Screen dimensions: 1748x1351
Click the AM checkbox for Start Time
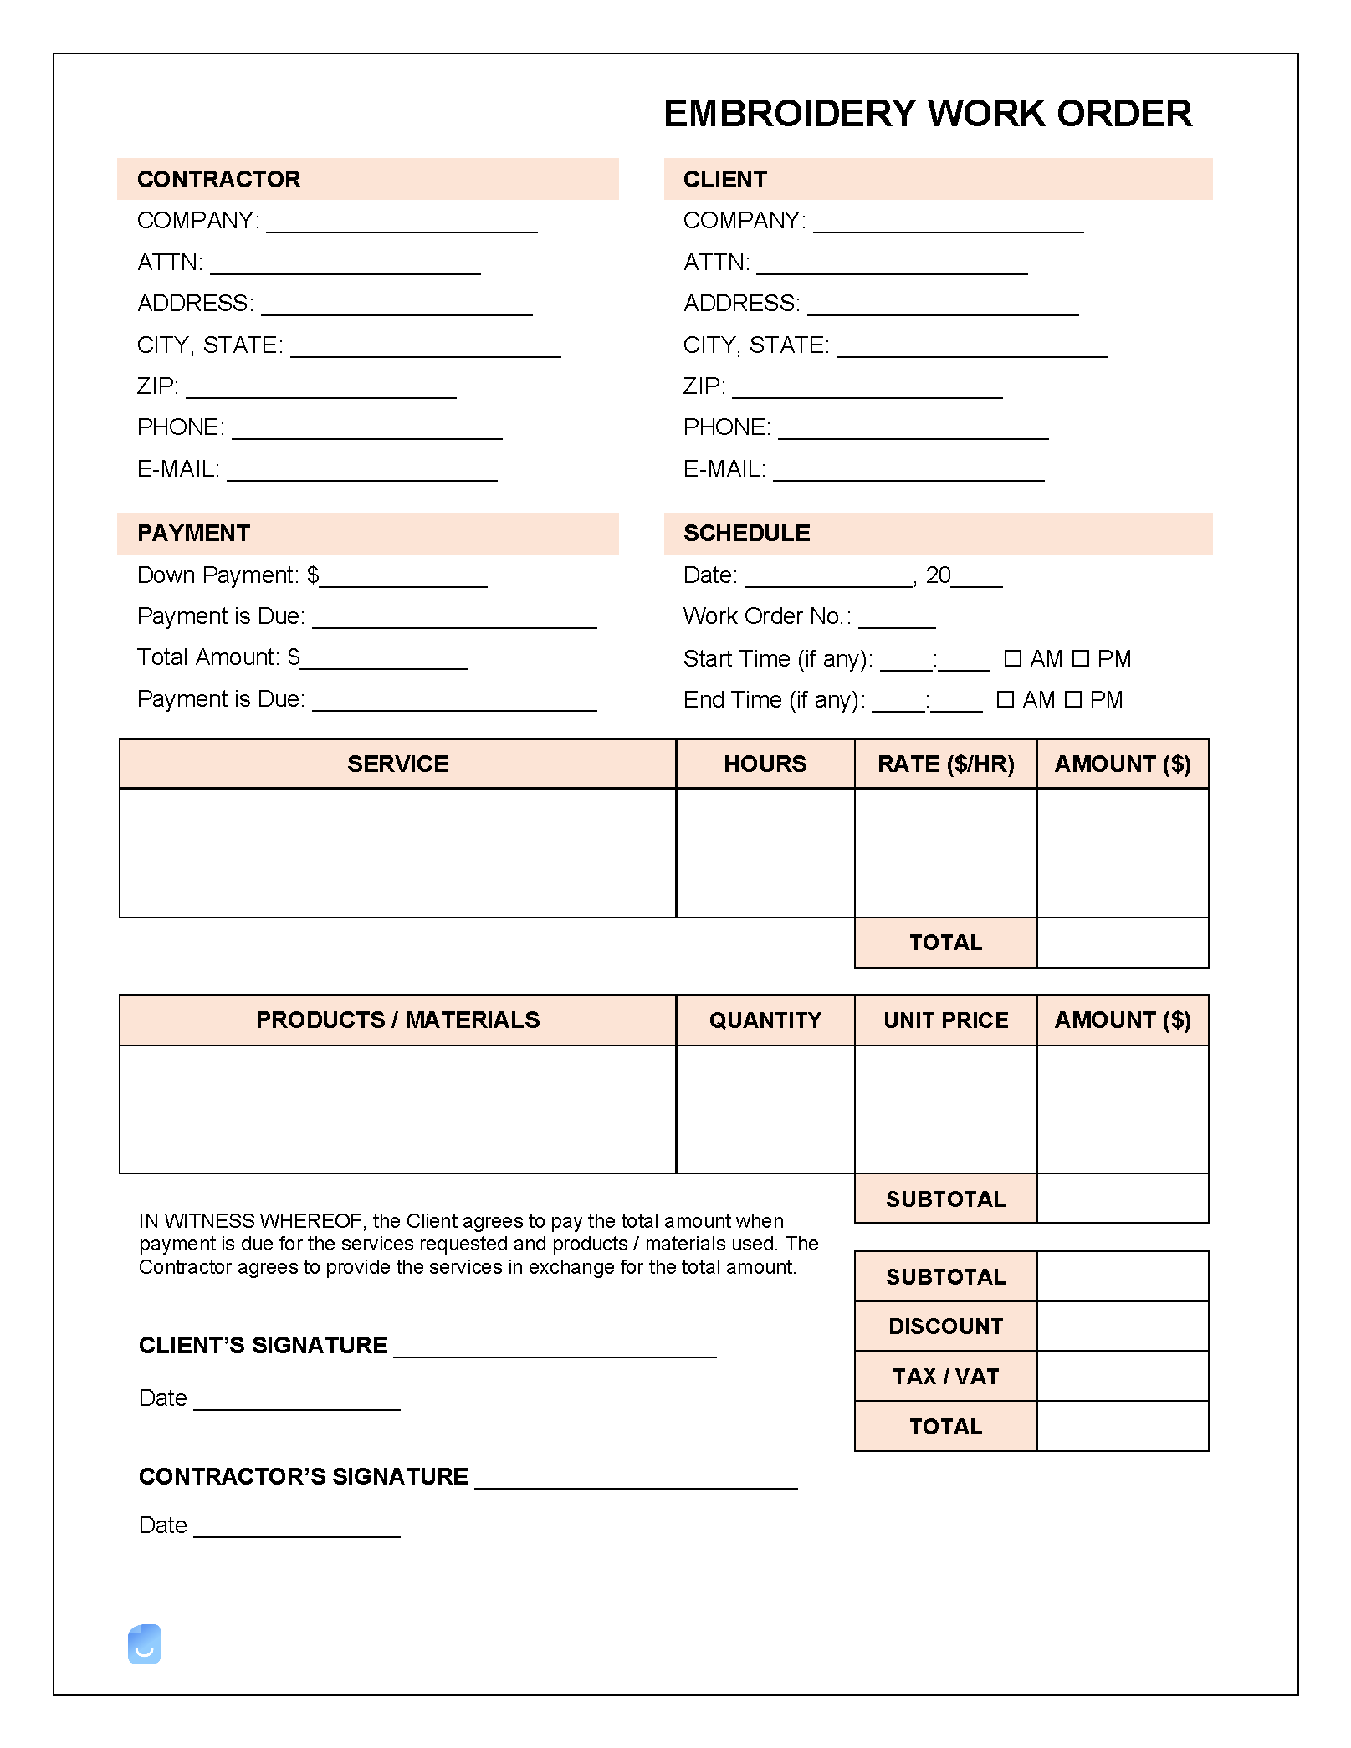point(1012,658)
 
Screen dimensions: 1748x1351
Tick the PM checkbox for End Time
point(1073,699)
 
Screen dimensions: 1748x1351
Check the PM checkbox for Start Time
point(1081,658)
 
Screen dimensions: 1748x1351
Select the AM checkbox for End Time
point(1006,699)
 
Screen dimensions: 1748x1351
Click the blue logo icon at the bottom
point(144,1643)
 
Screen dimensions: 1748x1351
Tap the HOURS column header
point(765,764)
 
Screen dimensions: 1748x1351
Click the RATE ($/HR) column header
point(945,764)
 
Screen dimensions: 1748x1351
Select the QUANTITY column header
point(765,1020)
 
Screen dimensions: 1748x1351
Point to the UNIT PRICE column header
point(945,1020)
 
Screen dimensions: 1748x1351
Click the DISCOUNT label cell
point(945,1326)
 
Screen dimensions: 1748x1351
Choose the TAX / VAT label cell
point(945,1377)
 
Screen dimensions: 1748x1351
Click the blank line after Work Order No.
point(897,624)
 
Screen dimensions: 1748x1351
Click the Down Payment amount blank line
point(403,583)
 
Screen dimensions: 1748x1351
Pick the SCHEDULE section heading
point(746,534)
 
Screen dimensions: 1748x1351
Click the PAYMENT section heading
point(193,534)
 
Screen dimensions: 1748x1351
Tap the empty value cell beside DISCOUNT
point(1123,1326)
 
